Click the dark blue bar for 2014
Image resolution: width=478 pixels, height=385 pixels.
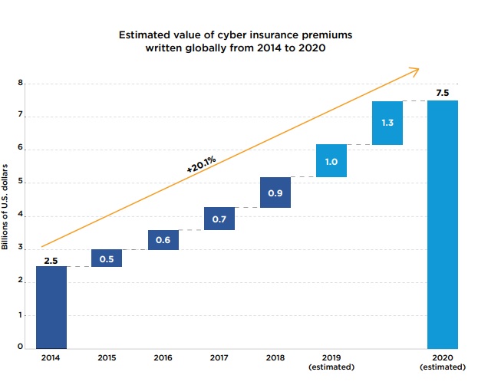click(51, 307)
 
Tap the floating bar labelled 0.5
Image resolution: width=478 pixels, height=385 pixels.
click(107, 258)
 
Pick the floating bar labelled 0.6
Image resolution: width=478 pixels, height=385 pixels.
click(163, 239)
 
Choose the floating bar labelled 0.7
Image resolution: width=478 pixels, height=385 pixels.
click(219, 219)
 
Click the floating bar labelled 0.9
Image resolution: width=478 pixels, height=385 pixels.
click(275, 192)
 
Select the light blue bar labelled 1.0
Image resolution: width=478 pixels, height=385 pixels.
click(331, 160)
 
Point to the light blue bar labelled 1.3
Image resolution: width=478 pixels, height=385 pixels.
click(387, 123)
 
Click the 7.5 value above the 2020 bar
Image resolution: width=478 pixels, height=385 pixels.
click(443, 93)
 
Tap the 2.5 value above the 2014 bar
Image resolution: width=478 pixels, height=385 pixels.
click(51, 259)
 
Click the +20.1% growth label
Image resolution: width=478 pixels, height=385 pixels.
click(200, 164)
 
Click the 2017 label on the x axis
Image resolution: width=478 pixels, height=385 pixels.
click(219, 358)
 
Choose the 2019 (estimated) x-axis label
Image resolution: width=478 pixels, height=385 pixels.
click(331, 363)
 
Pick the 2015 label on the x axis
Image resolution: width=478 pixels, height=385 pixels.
click(107, 358)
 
